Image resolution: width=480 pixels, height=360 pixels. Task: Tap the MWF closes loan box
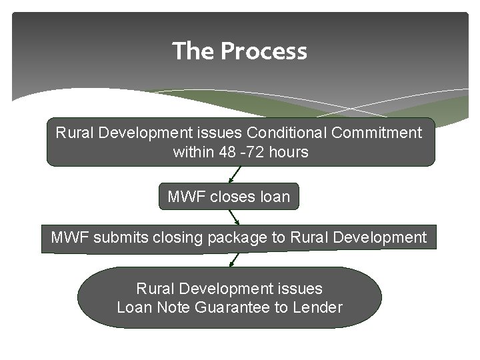tap(229, 197)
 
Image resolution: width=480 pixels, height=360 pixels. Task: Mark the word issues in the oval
tap(297, 289)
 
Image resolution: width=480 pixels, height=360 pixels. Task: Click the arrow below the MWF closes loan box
tap(234, 217)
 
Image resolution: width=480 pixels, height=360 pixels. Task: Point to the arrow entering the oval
tap(231, 260)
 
